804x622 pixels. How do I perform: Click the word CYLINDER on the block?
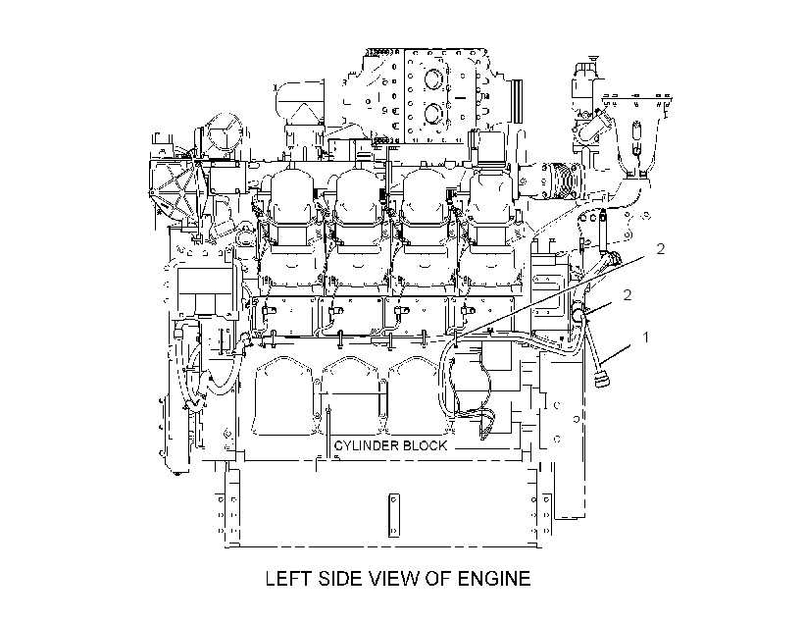(367, 445)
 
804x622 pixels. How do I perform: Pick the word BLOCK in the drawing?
(426, 445)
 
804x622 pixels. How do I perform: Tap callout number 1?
(645, 337)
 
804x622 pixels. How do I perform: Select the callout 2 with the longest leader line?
(661, 249)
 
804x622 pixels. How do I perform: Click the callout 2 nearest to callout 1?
(627, 294)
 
